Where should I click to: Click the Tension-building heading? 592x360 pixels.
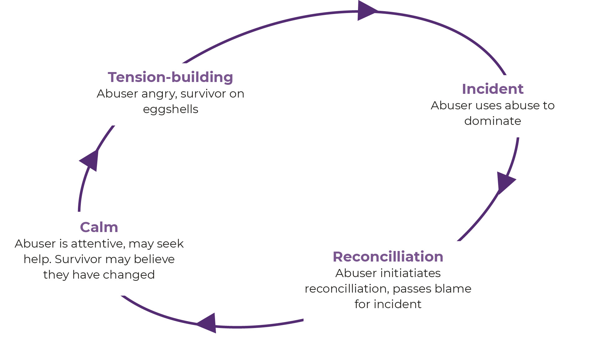click(x=170, y=77)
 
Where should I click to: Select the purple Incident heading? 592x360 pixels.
click(x=493, y=89)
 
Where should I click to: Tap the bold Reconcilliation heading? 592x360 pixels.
click(x=388, y=257)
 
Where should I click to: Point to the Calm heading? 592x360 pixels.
click(x=99, y=227)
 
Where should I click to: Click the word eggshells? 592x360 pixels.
click(x=171, y=110)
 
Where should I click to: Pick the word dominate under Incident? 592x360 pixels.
click(x=493, y=121)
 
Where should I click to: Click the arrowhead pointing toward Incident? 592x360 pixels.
click(x=368, y=11)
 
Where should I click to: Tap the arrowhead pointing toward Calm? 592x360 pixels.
click(x=207, y=323)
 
